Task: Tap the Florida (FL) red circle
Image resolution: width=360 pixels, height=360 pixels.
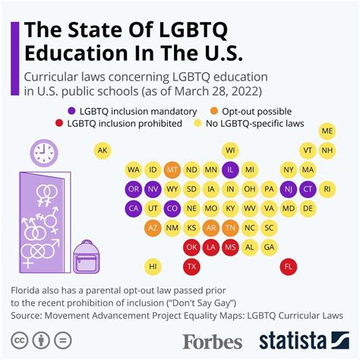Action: pos(289,267)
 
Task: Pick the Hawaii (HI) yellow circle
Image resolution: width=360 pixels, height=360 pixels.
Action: pos(153,267)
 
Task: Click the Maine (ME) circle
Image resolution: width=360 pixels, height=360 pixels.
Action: pos(327,131)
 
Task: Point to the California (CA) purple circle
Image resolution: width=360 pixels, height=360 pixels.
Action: pos(133,207)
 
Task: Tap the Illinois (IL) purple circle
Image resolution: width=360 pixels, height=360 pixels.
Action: pos(231,169)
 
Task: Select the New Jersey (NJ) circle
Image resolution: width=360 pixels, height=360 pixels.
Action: pos(289,188)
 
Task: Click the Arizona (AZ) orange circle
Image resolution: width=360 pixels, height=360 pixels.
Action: pos(153,227)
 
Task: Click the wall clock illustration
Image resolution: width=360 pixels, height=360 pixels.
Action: pos(44,153)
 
